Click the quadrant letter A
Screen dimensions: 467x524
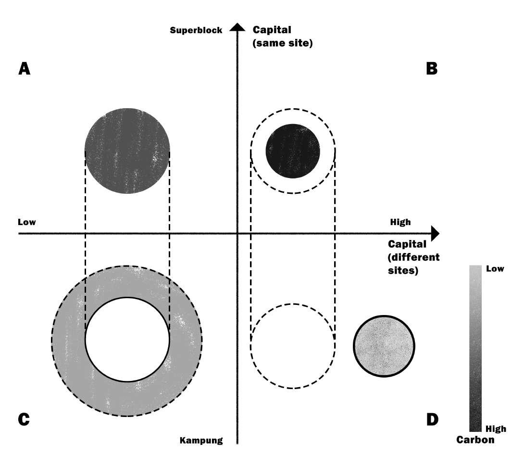25,69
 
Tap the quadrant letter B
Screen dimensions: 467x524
432,69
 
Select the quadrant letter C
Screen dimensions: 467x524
24,419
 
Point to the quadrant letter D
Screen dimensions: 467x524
432,419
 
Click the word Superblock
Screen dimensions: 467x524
196,30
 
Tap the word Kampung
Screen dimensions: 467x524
201,440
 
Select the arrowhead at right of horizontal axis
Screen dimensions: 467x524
435,234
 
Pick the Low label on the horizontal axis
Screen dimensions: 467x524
27,222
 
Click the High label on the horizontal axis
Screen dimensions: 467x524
400,222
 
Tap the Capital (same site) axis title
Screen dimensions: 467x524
283,37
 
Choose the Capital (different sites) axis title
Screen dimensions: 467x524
413,257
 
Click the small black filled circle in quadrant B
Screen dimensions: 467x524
293,151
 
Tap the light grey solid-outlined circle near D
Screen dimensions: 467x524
384,345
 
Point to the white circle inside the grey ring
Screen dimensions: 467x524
127,340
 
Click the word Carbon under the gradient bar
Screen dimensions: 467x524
475,440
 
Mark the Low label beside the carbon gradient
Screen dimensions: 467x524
495,269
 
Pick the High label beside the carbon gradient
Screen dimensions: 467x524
496,429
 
